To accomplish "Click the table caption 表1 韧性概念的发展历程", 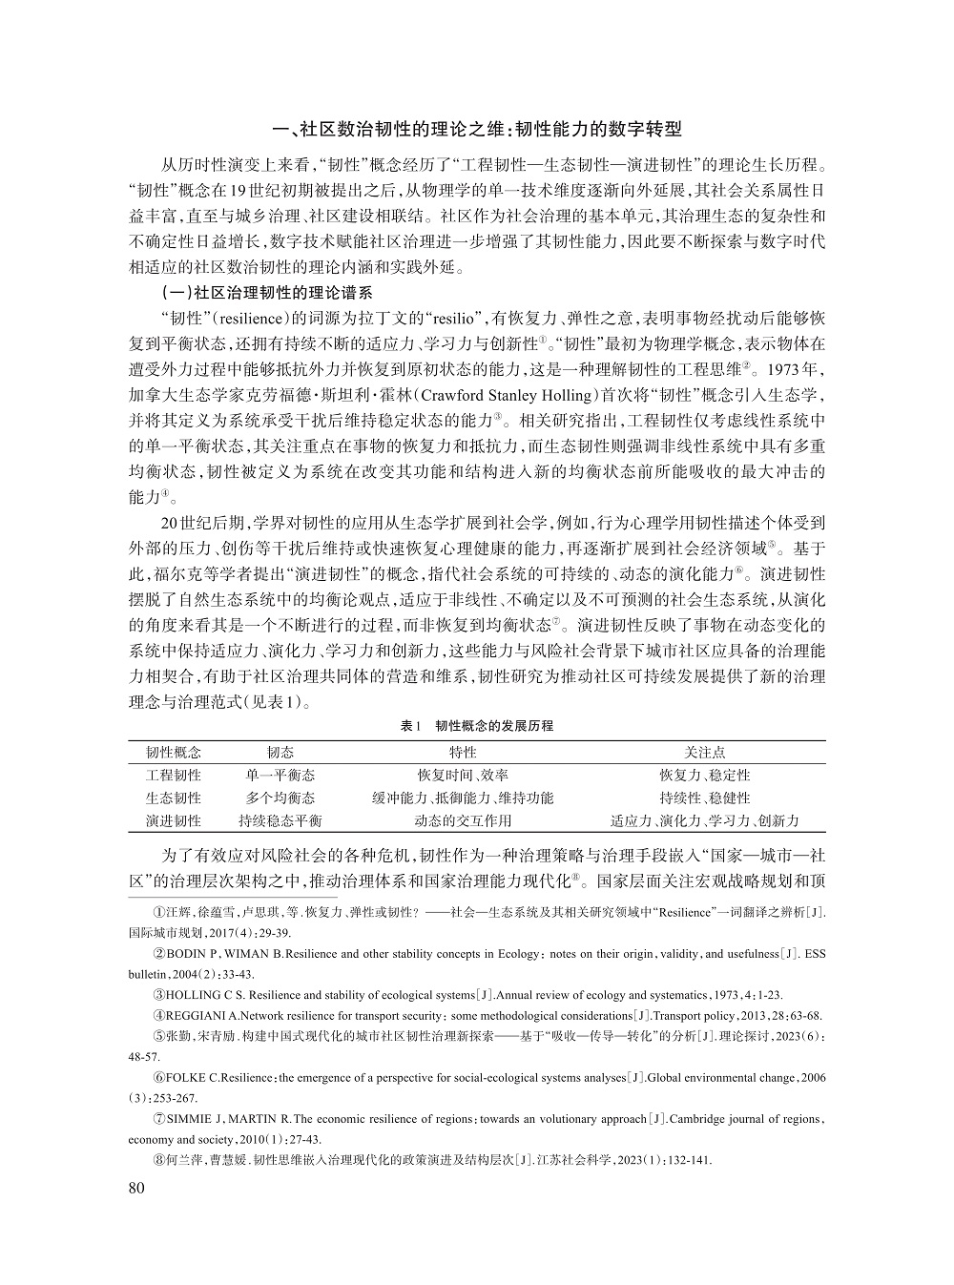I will tap(477, 726).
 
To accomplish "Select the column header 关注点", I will tap(704, 753).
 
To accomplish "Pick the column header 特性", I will tap(463, 753).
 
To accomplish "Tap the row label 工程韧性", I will tap(173, 776).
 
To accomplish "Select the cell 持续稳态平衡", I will tap(280, 820).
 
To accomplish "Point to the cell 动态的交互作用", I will tap(463, 820).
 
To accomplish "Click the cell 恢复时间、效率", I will tap(463, 776).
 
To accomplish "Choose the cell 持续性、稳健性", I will tap(704, 798).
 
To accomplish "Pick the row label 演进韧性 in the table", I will tap(173, 820).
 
